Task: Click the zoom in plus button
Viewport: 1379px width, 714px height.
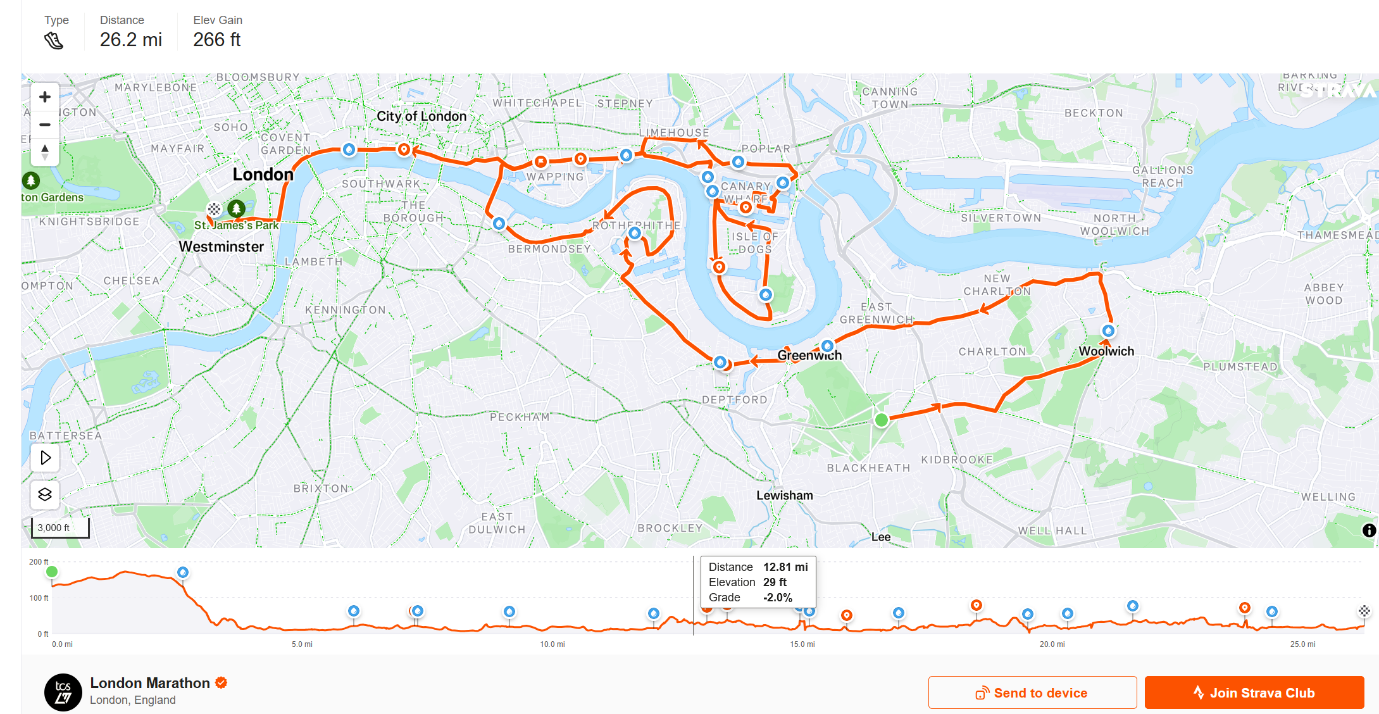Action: (45, 97)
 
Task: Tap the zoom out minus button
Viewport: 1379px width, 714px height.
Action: (45, 125)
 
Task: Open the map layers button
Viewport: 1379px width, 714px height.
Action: (45, 494)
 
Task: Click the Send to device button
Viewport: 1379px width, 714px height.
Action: (1032, 693)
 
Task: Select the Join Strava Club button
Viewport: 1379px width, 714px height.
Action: (1254, 693)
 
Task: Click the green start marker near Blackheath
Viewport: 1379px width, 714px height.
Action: (881, 420)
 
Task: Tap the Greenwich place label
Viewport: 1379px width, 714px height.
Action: (809, 355)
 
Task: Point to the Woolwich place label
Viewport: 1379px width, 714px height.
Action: (1106, 351)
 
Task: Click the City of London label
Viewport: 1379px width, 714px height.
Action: (421, 116)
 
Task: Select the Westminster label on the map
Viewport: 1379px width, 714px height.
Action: (221, 246)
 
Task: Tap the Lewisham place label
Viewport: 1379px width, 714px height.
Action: (785, 495)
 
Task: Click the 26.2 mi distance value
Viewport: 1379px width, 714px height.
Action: (131, 40)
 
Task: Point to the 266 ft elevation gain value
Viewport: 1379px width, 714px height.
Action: (216, 40)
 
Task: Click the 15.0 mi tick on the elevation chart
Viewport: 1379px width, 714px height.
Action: (802, 644)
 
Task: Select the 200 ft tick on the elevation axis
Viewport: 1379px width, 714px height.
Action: (39, 562)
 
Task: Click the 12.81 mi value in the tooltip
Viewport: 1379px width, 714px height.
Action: (785, 567)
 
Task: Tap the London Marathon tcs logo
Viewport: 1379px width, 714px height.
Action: (63, 692)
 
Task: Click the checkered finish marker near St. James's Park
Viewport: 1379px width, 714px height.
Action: (215, 209)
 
